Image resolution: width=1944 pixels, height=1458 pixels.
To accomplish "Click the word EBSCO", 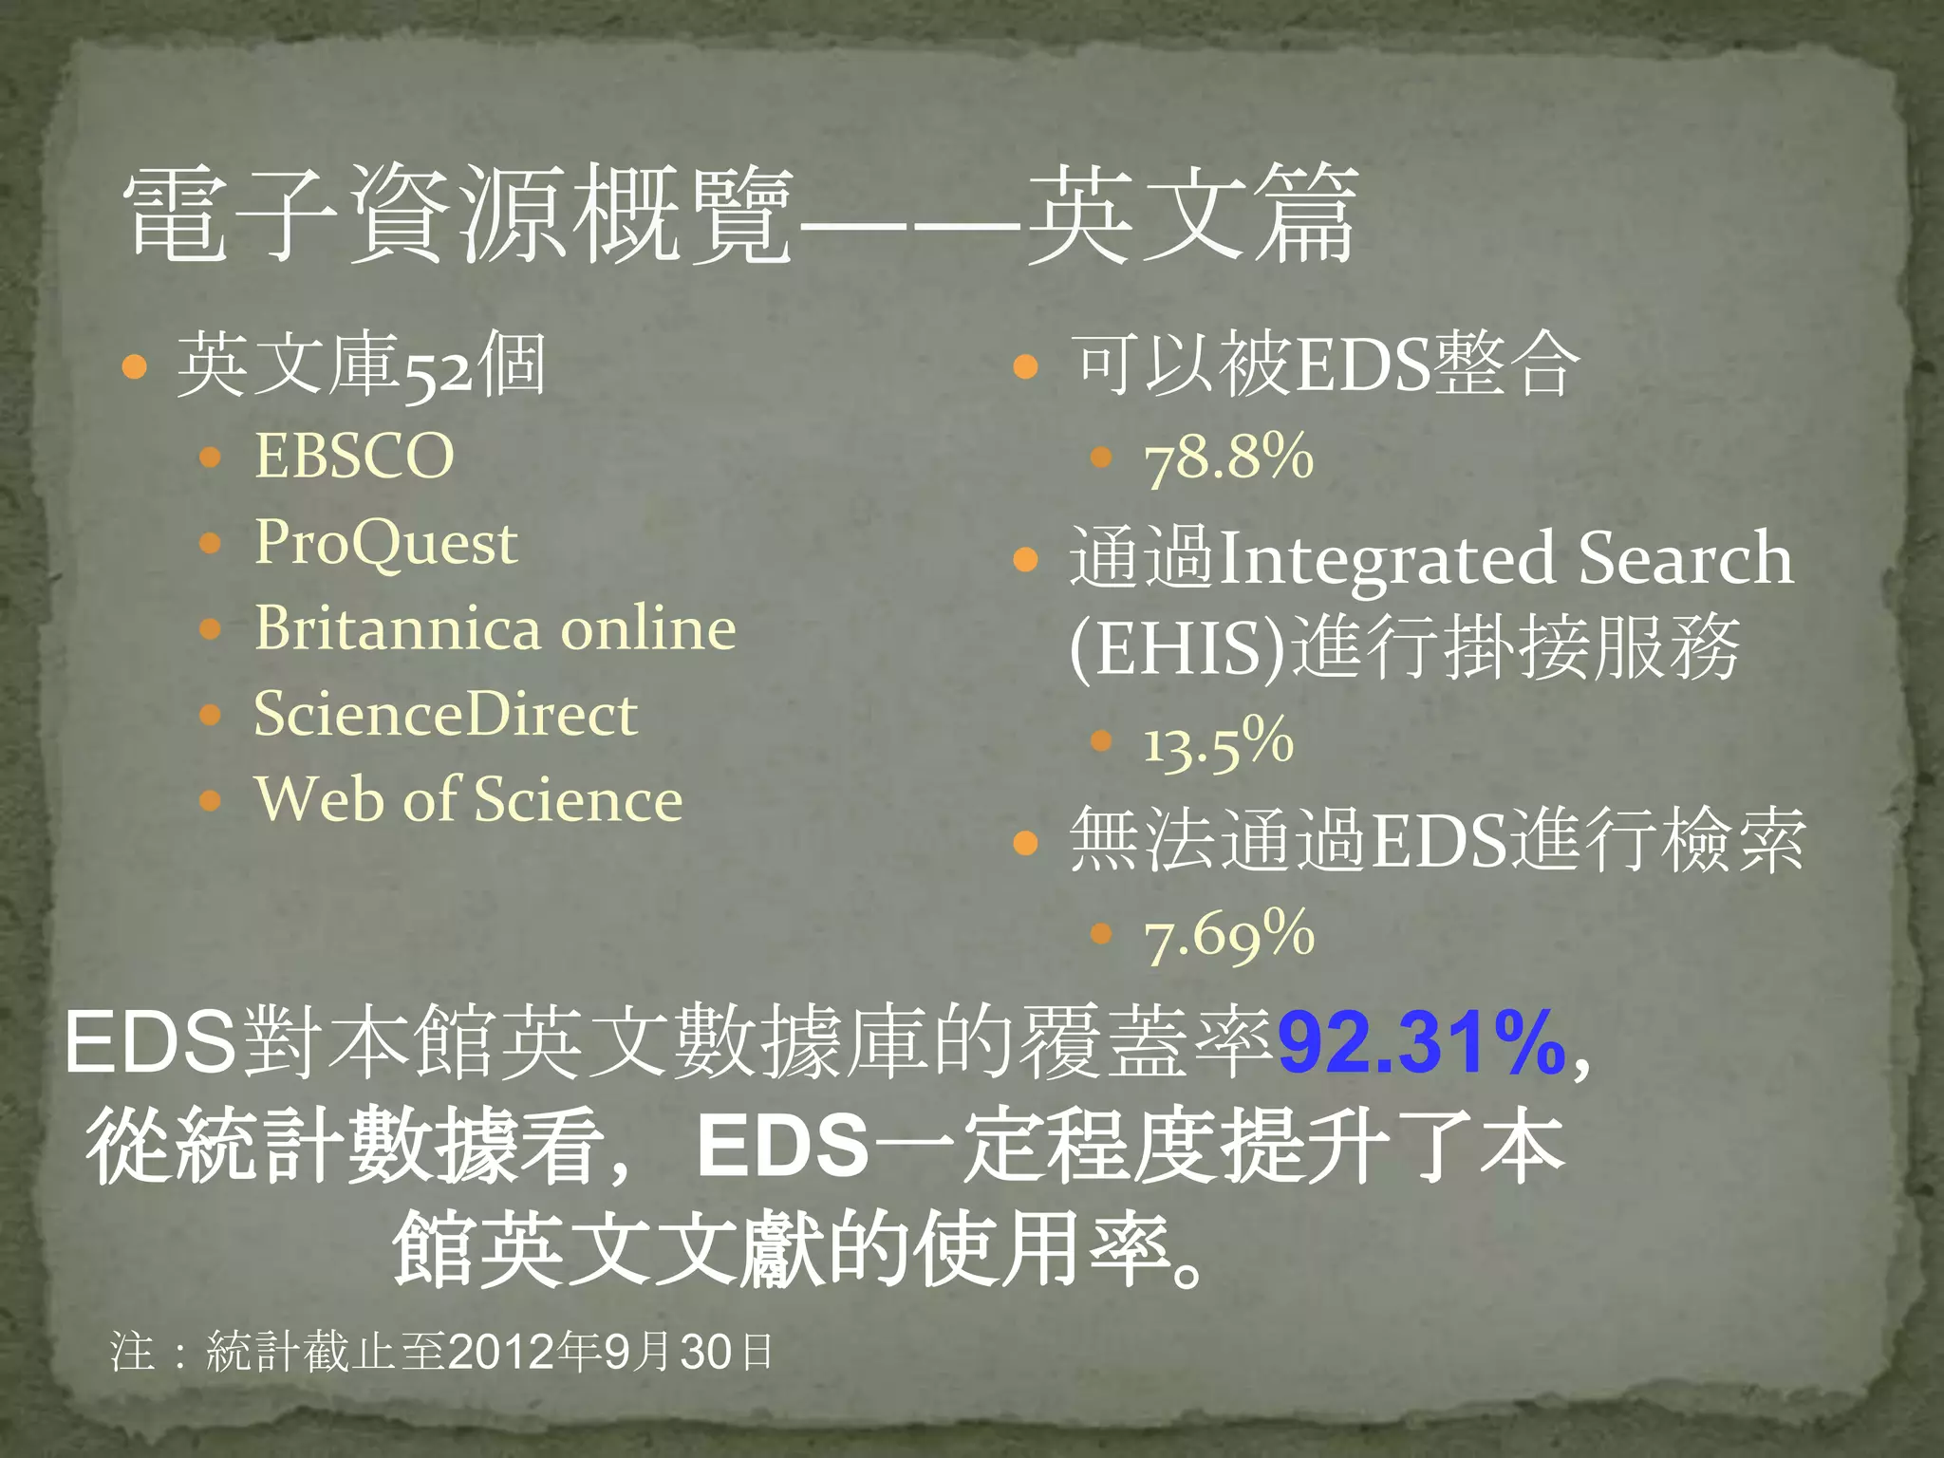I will coord(354,457).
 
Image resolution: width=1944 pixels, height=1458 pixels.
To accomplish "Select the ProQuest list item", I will coord(385,543).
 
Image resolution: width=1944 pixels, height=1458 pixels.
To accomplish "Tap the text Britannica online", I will coord(495,628).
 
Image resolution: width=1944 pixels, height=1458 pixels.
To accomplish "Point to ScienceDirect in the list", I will coord(445,714).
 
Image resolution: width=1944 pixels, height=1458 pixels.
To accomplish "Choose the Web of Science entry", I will coord(468,799).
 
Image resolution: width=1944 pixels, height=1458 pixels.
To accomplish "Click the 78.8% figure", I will coord(1228,458).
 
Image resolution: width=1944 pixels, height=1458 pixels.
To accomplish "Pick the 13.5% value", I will coord(1218,742).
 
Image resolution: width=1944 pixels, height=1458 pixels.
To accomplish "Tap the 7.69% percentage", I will coord(1229,935).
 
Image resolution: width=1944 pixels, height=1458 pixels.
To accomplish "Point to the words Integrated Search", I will coord(1505,558).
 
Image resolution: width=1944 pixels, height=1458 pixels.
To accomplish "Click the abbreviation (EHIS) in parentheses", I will coord(1177,649).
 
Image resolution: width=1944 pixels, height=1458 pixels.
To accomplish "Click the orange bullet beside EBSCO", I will coord(211,458).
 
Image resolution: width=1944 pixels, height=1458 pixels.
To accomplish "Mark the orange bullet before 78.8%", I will coord(1101,458).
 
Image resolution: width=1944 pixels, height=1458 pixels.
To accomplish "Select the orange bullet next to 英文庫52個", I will coord(135,366).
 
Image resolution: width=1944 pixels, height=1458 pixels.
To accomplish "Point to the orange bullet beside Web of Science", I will coord(211,800).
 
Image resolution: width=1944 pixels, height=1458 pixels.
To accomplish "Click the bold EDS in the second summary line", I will coord(782,1146).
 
